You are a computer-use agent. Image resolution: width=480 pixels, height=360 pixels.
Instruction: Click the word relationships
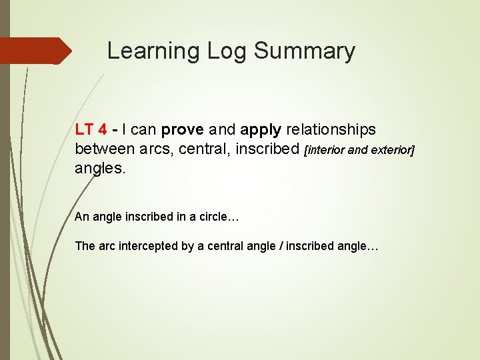(x=331, y=129)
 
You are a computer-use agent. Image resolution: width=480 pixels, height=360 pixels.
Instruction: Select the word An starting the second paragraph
(x=81, y=216)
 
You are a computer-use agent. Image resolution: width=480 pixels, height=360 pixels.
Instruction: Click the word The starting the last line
(x=85, y=246)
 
